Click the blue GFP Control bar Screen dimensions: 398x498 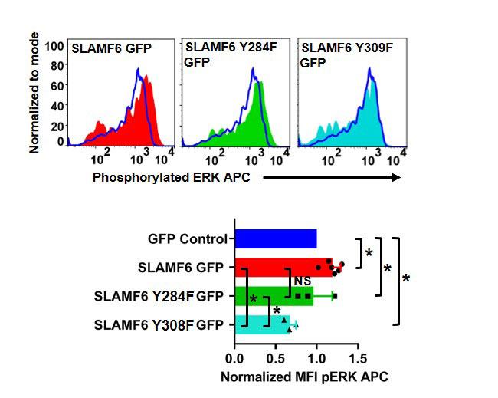point(276,238)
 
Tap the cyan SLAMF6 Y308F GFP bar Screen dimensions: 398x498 point(253,324)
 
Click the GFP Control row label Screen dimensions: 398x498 point(187,238)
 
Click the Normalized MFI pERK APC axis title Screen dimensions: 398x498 point(304,377)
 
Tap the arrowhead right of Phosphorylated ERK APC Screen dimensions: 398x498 point(397,178)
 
